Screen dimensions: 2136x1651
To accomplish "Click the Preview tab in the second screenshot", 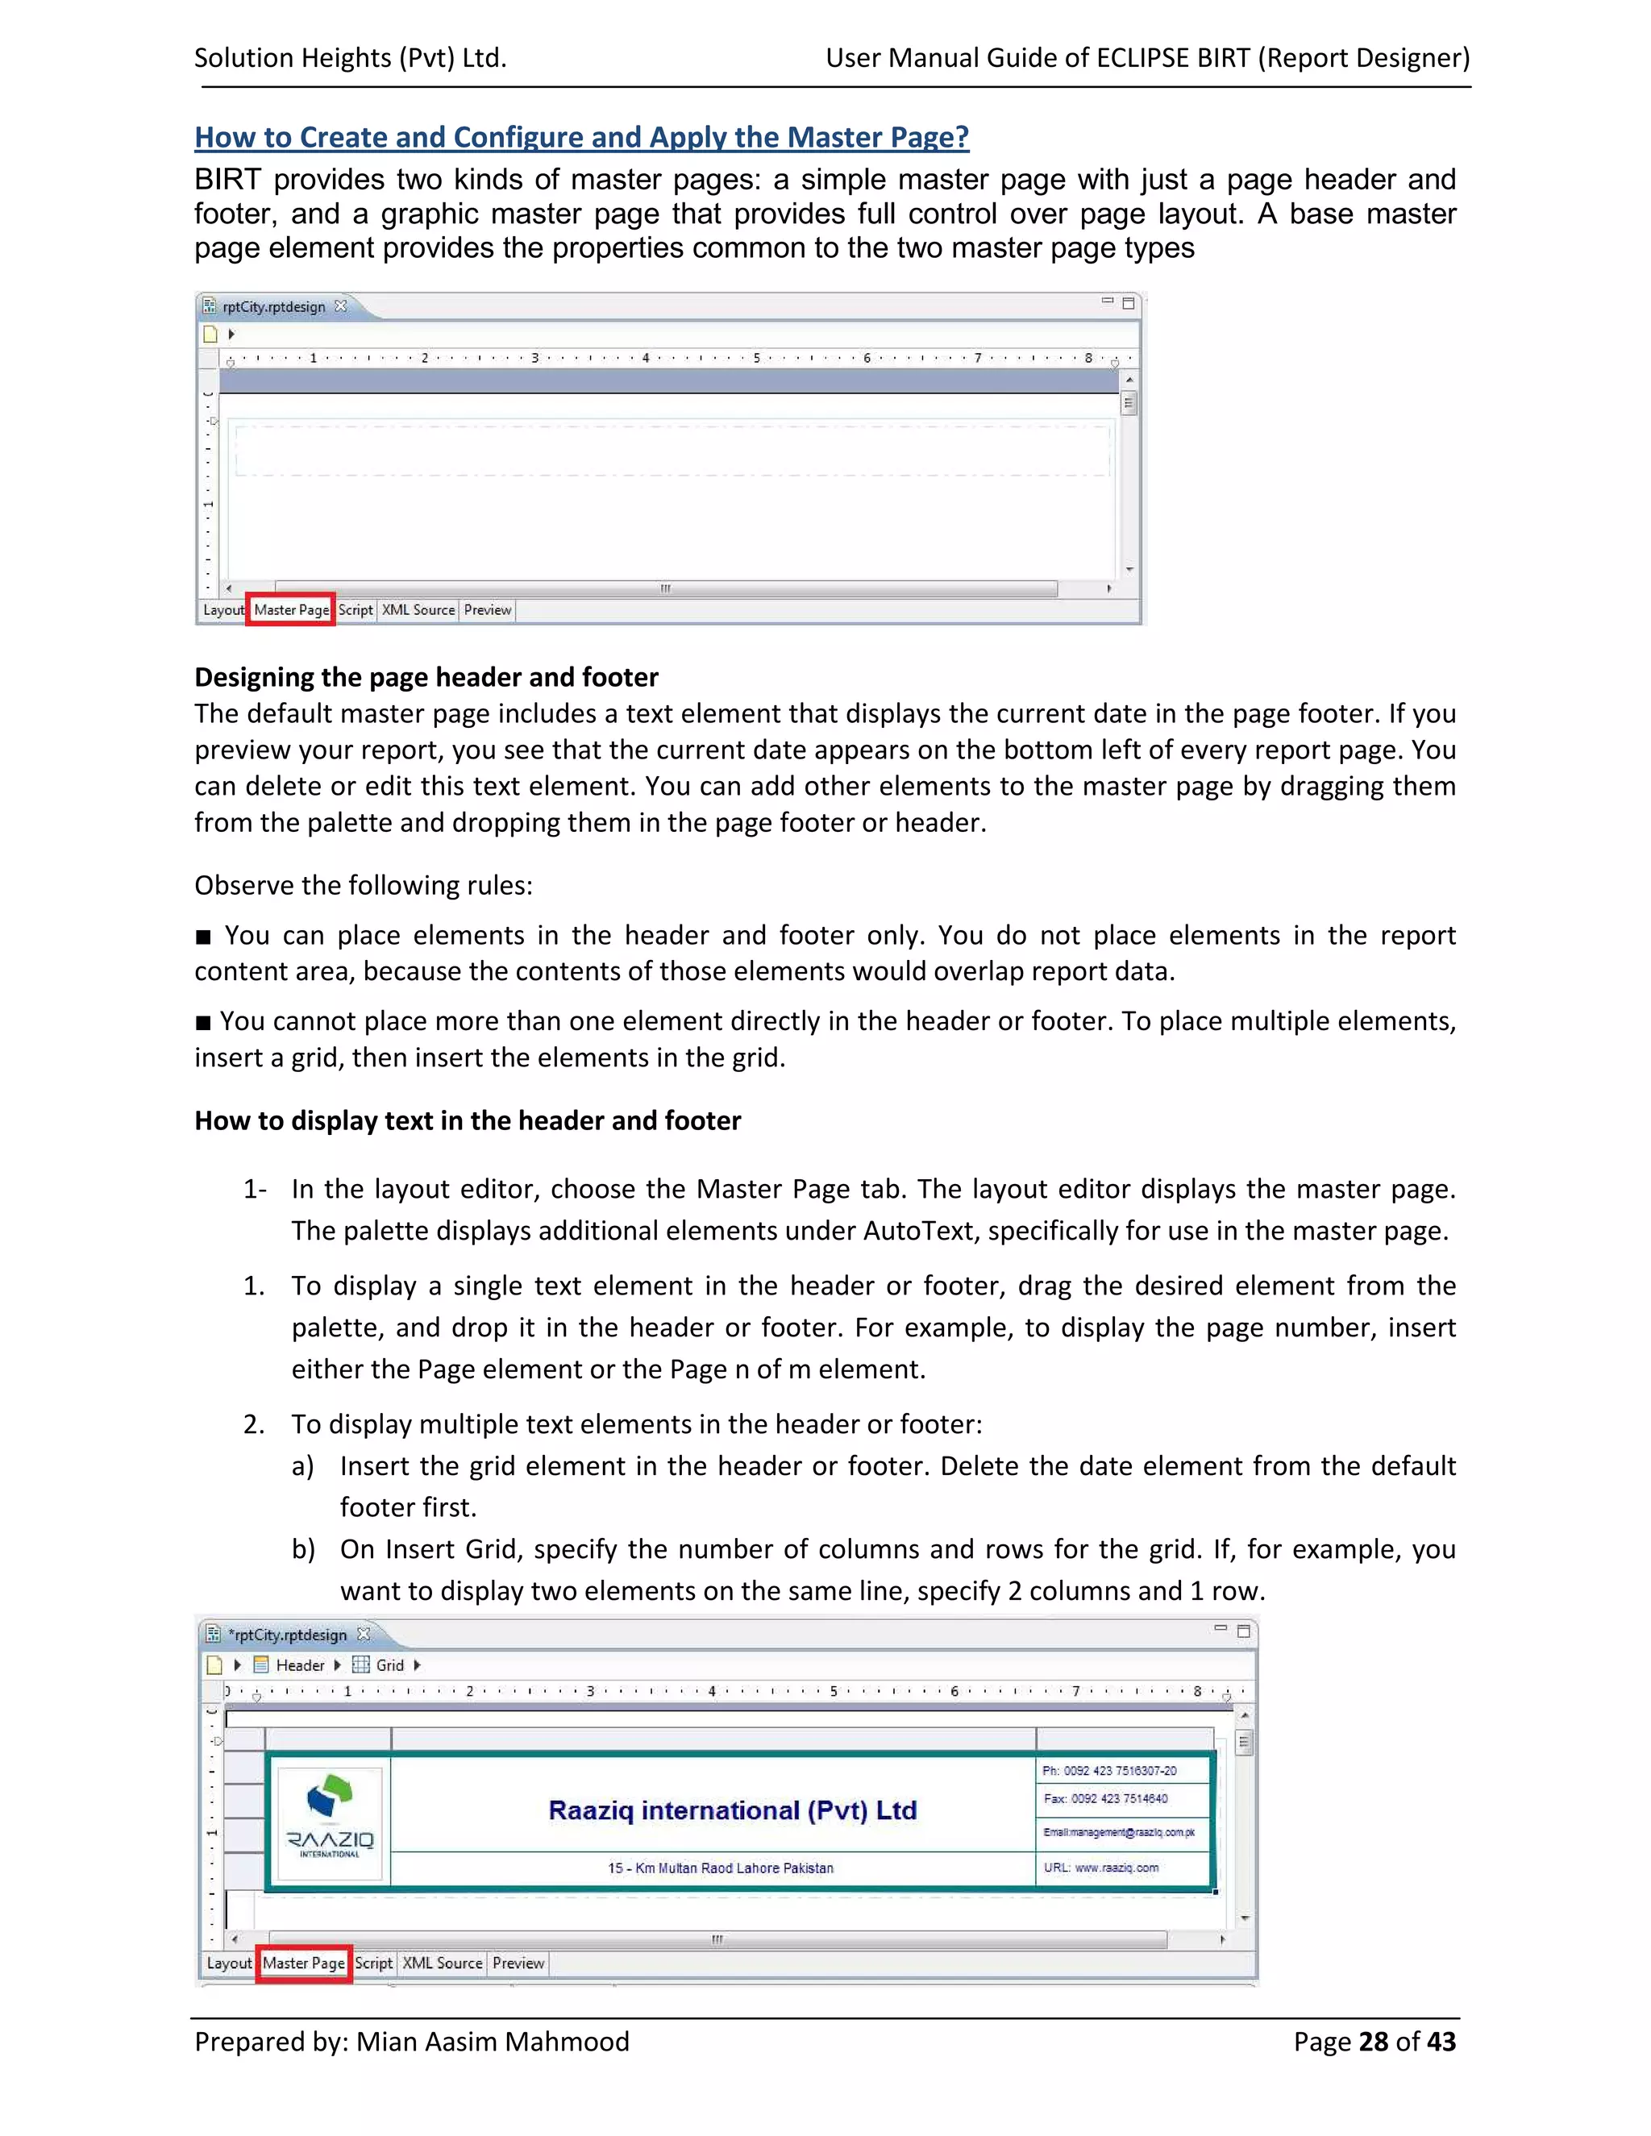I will (x=518, y=1962).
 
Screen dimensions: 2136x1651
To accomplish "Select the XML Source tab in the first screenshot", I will (x=418, y=609).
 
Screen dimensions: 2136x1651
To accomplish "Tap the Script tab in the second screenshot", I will (x=372, y=1962).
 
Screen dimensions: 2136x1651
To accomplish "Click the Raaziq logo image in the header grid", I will (x=330, y=1817).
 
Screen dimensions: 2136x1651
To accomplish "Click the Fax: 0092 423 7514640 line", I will (x=1105, y=1797).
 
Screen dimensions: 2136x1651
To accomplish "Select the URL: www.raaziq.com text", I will (x=1100, y=1867).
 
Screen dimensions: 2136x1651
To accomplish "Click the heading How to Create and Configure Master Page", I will (x=581, y=137).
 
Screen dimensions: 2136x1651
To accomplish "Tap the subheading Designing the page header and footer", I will (x=426, y=677).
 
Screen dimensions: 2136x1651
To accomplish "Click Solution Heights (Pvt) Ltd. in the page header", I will (x=350, y=58).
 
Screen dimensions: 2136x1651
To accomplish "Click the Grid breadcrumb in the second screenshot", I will (x=389, y=1664).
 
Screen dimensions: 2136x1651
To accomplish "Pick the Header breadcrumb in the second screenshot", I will (x=298, y=1664).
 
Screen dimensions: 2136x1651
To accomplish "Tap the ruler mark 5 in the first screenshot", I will (x=755, y=358).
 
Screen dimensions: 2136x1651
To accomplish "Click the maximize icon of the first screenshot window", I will (x=1128, y=303).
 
